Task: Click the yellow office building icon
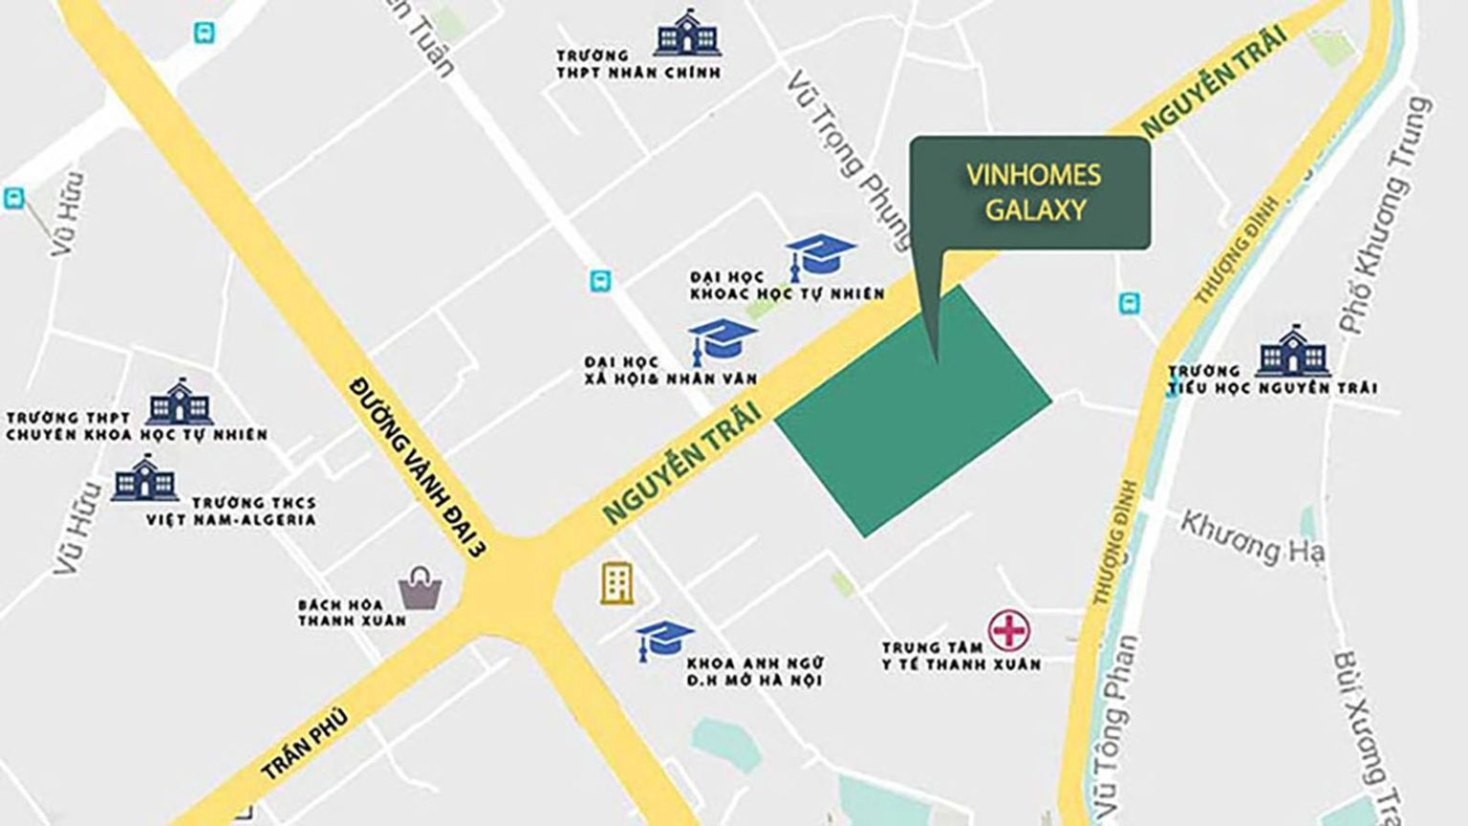coord(616,582)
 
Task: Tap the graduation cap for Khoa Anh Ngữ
coord(665,641)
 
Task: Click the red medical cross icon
coord(1008,631)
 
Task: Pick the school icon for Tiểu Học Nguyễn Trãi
coord(1293,351)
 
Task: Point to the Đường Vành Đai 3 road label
coord(418,467)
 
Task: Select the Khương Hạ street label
coord(1251,538)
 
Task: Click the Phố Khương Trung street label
coord(1386,215)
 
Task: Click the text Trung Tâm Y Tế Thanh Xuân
coord(961,656)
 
